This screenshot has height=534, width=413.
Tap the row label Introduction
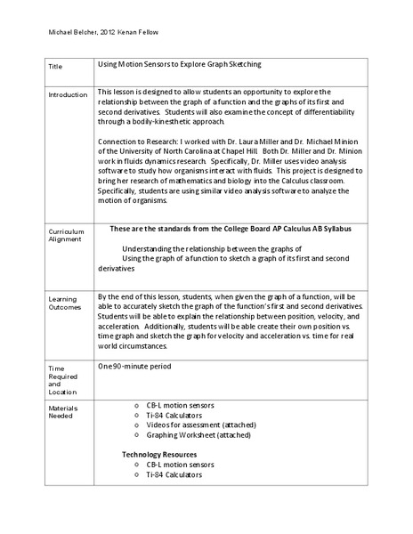pos(69,95)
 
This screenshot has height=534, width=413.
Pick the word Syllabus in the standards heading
pos(335,229)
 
